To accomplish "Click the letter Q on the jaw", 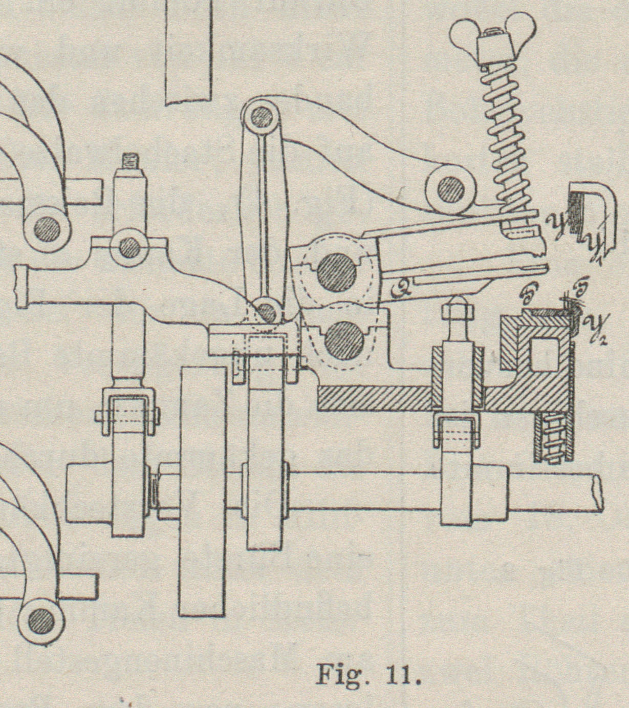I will pyautogui.click(x=398, y=291).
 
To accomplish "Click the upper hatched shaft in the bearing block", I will pyautogui.click(x=336, y=271).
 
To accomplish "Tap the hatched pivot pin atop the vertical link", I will pyautogui.click(x=262, y=118).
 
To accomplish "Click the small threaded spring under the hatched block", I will pyautogui.click(x=552, y=437).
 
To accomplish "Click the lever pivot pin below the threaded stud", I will pyautogui.click(x=129, y=247).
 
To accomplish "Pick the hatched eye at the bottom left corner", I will pyautogui.click(x=41, y=623).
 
